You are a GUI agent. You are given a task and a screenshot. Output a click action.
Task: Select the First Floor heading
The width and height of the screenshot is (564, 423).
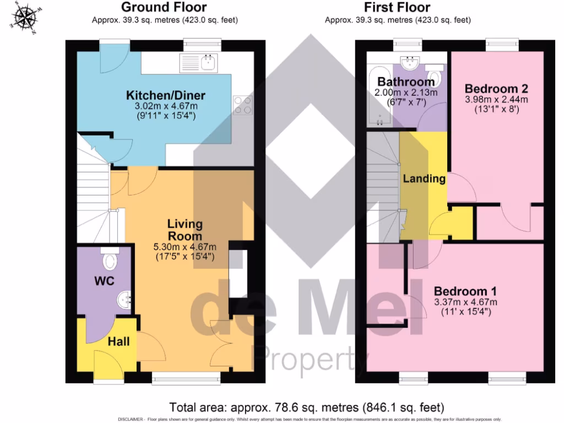point(397,7)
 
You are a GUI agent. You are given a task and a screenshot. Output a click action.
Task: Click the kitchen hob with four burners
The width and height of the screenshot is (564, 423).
point(243,105)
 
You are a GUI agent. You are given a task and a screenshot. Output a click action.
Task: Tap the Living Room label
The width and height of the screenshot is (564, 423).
point(185,230)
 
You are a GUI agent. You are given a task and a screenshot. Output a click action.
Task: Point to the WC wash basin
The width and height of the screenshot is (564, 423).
point(123,300)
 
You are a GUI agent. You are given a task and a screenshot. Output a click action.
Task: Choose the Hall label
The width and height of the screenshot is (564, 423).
point(118,341)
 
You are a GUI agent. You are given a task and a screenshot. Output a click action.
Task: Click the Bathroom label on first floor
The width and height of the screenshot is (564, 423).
point(406,82)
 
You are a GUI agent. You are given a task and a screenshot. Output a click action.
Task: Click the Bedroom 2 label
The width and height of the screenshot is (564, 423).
point(496,89)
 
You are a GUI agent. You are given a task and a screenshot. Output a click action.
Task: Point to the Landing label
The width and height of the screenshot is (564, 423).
point(424,178)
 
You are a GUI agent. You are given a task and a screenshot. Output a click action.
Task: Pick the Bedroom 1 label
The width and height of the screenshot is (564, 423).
point(461,291)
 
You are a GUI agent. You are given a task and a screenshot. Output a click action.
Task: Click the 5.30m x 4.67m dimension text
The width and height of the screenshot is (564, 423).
point(185,246)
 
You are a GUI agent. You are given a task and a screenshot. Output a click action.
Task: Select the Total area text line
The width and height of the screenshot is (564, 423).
point(306,408)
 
